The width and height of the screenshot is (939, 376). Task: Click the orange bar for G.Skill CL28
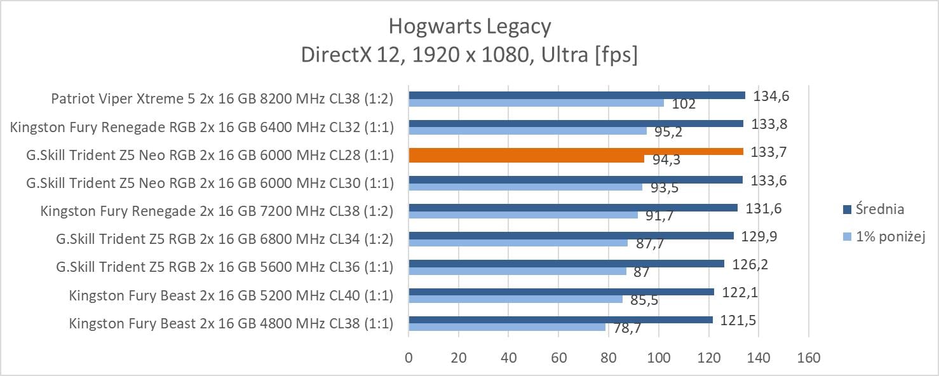coord(576,151)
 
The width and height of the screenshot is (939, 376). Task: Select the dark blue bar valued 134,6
coord(577,95)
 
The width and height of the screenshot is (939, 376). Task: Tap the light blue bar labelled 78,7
coord(507,327)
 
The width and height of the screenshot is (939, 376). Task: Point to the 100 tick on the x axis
coord(658,358)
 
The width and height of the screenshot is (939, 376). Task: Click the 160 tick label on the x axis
coord(808,358)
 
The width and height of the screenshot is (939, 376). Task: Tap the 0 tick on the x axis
coord(409,358)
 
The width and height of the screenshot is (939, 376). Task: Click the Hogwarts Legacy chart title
coord(469,27)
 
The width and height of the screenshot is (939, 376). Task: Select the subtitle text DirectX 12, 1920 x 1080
coord(469,55)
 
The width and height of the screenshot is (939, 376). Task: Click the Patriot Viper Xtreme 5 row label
coord(222,99)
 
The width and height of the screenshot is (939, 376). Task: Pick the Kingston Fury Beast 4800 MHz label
coord(231,323)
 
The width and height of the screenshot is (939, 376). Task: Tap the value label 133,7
coord(766,152)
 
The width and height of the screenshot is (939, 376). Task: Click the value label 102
coord(683,104)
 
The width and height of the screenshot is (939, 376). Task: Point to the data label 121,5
coord(738,320)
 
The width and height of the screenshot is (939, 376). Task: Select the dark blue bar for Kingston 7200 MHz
coord(573,208)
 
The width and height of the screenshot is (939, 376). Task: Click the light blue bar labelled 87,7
coord(518,243)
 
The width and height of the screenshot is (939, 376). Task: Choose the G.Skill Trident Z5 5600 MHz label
coord(224,267)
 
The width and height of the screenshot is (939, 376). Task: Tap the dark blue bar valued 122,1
coord(561,292)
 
